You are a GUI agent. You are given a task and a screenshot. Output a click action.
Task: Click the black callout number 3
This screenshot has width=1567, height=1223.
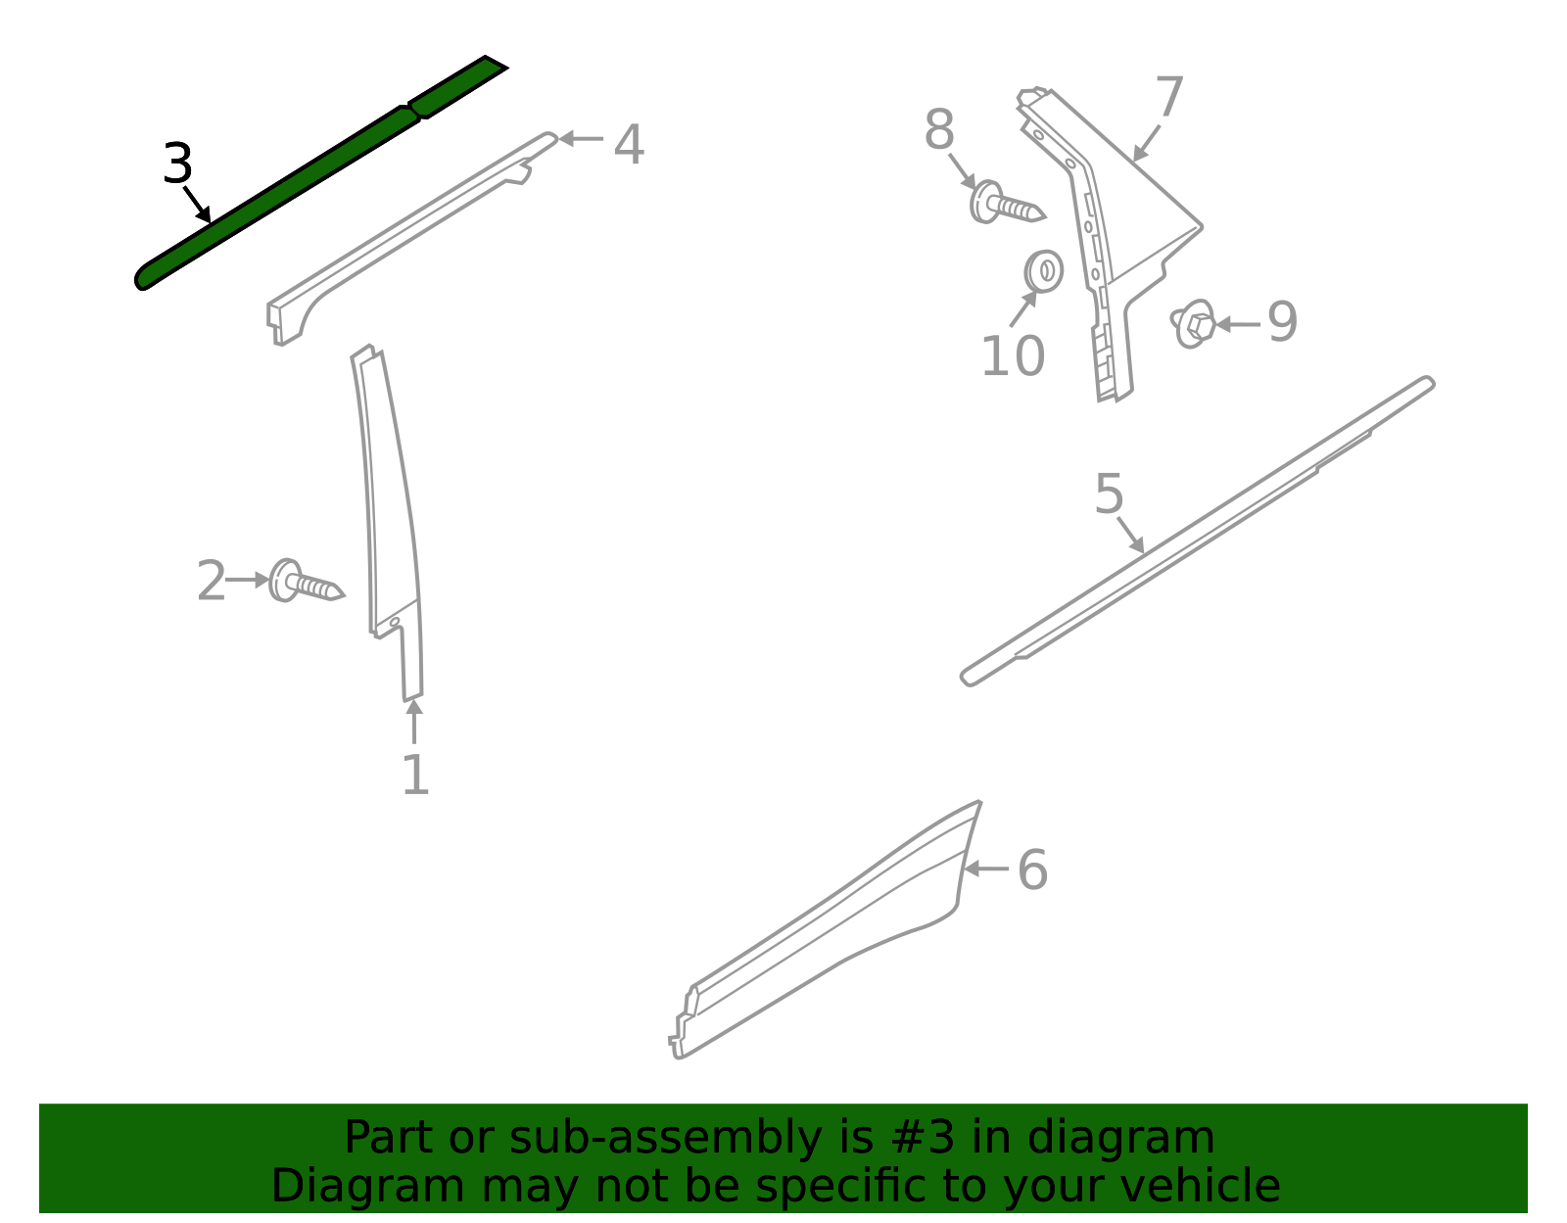pos(177,163)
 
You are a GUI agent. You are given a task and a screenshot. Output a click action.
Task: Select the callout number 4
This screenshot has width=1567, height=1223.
pos(629,144)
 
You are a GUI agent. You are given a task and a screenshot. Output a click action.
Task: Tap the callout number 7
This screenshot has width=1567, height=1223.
pos(1169,96)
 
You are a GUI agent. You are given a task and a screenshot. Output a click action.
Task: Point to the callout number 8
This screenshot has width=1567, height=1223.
pos(939,129)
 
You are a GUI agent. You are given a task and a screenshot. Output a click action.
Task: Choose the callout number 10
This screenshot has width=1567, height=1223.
pos(1014,355)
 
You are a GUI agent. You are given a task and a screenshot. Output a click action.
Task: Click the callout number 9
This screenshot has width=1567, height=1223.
pos(1283,321)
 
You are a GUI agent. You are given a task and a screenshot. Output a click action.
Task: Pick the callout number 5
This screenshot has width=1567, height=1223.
pos(1109,494)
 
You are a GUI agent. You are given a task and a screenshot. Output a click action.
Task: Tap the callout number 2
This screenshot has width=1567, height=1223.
pos(212,580)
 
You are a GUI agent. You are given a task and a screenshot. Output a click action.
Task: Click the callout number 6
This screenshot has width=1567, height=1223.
pos(1032,870)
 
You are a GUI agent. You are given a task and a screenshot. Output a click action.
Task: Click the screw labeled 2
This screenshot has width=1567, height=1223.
pos(307,581)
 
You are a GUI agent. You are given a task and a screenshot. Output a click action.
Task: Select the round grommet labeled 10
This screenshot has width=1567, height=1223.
pos(1043,271)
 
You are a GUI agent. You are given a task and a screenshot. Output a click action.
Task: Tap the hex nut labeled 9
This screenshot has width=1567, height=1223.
pos(1194,323)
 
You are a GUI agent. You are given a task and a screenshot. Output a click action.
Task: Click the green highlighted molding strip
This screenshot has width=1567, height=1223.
pos(321,173)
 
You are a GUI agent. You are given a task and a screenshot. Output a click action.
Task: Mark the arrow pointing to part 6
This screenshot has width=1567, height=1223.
pos(986,870)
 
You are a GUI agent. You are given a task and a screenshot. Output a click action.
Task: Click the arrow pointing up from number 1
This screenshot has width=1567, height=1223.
pos(414,721)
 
